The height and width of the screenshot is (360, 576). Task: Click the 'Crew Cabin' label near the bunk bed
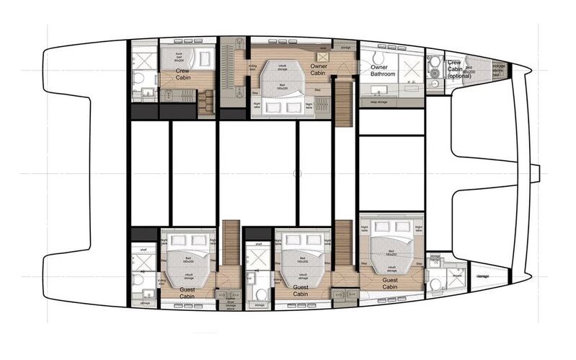[x=187, y=76]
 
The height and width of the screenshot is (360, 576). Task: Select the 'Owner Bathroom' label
[x=383, y=71]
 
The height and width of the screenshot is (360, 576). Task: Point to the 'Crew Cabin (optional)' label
[x=459, y=68]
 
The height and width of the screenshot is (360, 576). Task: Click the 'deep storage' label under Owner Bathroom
[x=378, y=102]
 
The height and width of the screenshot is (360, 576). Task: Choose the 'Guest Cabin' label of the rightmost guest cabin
[x=389, y=283]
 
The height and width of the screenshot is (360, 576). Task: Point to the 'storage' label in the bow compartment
[x=482, y=276]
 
